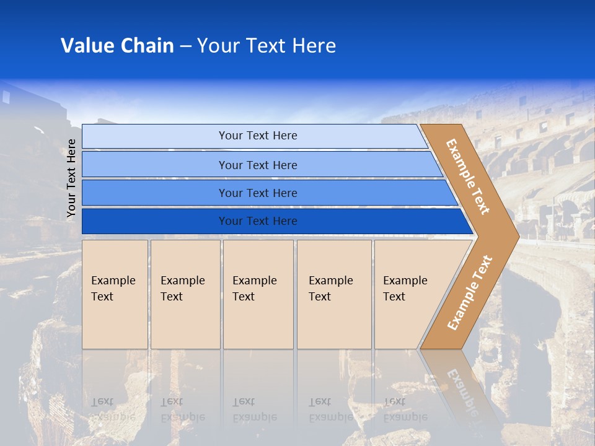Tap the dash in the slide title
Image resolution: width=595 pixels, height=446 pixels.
[185, 46]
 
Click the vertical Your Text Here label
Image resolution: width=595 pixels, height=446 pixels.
[71, 178]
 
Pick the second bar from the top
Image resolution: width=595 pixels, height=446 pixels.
[257, 165]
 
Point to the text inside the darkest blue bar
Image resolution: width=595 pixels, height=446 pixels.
[258, 221]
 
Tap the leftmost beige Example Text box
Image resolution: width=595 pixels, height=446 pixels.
[115, 294]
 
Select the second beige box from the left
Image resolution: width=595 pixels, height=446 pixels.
[185, 294]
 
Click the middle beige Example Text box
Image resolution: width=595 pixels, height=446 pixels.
[258, 294]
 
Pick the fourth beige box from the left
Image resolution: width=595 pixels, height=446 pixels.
[334, 294]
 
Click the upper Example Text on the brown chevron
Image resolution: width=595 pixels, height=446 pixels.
[468, 177]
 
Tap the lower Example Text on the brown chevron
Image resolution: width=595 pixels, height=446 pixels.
[469, 292]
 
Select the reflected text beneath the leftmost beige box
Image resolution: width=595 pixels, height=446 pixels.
[113, 409]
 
